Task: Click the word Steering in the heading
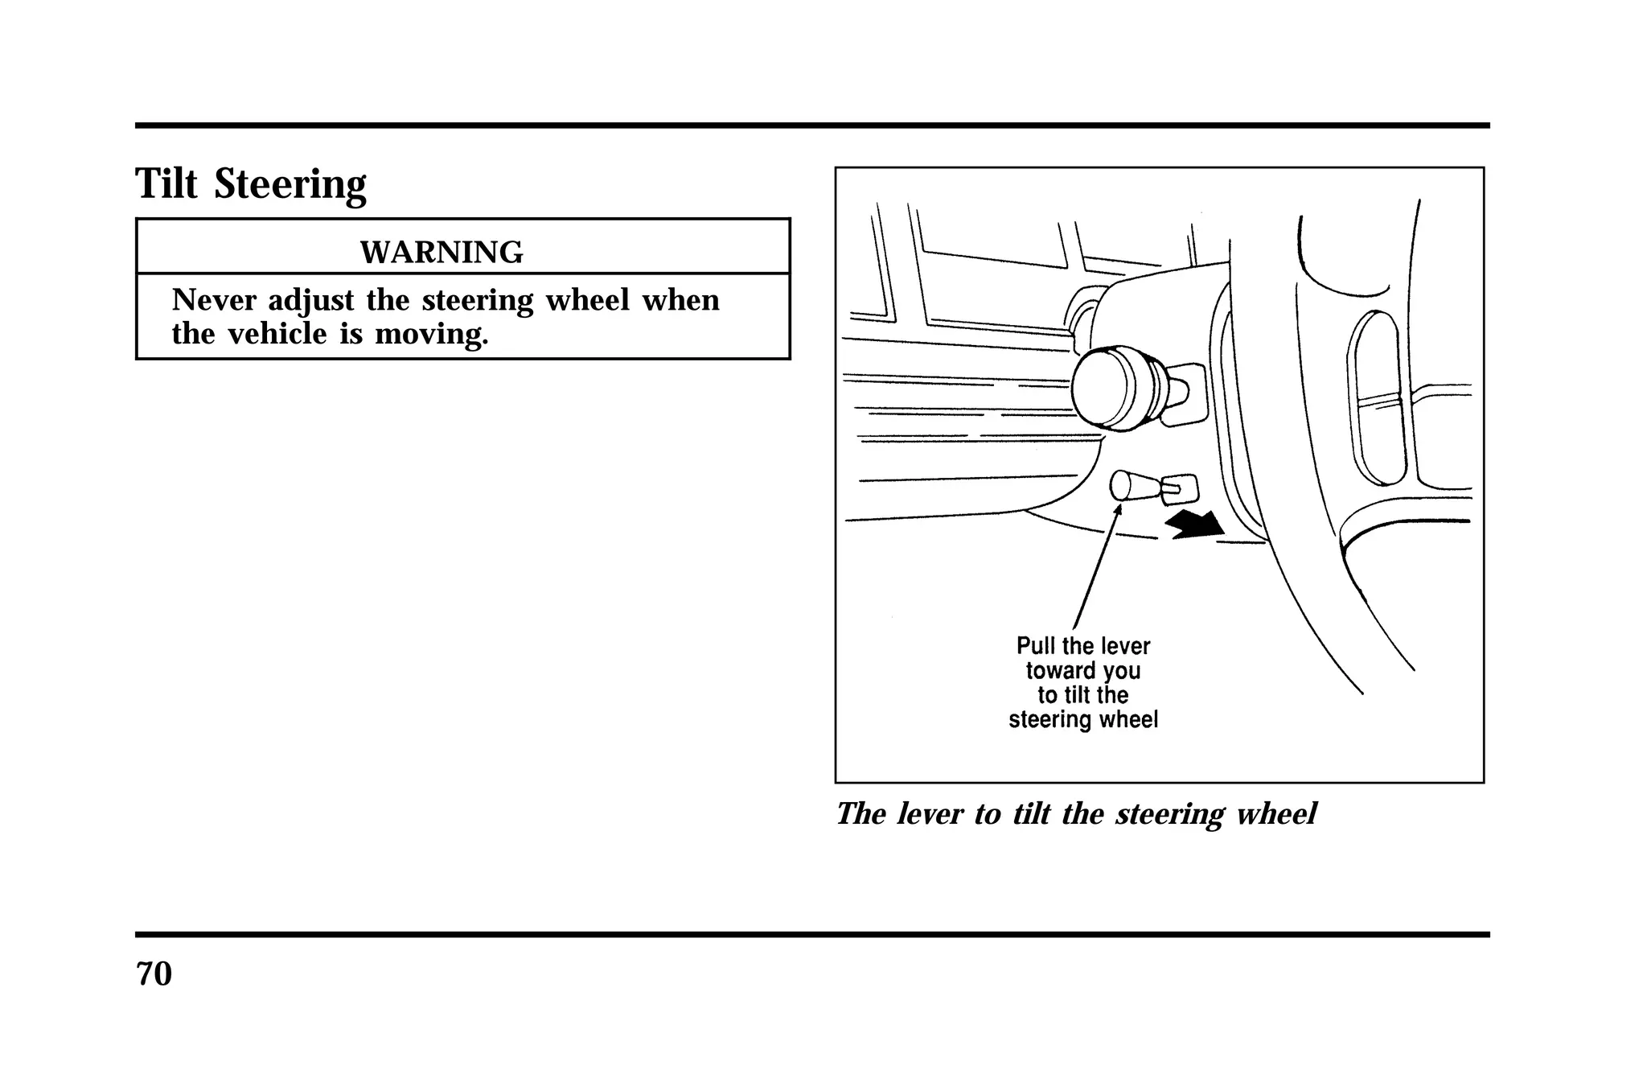coord(290,185)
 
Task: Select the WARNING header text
coord(441,253)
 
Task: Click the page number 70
coord(154,974)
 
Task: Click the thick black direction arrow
coord(1197,524)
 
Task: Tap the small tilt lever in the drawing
coord(1136,485)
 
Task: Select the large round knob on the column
coord(1103,388)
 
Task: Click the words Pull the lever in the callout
coord(1082,646)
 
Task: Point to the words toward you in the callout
coord(1082,670)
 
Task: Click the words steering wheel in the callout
coord(1082,719)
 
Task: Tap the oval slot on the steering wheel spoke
coord(1378,397)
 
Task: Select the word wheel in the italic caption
coord(1275,814)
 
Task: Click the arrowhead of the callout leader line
coord(1118,508)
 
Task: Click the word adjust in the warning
coord(310,301)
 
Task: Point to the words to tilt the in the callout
coord(1082,695)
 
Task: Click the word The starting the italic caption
coord(860,814)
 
